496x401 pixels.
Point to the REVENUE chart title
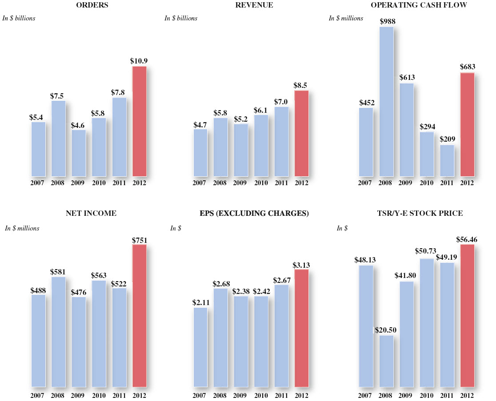(254, 5)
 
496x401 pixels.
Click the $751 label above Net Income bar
(140, 240)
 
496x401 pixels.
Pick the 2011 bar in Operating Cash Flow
(447, 160)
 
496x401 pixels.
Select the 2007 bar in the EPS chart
(200, 347)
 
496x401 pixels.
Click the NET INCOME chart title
(91, 214)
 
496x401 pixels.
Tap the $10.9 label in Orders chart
(139, 60)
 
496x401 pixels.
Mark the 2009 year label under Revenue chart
(240, 183)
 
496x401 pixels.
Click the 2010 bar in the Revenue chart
(261, 145)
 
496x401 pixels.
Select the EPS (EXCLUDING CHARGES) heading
(254, 214)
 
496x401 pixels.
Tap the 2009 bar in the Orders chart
(79, 153)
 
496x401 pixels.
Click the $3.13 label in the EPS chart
(301, 265)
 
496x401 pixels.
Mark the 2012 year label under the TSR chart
(467, 395)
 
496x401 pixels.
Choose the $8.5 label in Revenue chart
(301, 85)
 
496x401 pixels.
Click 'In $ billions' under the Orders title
(19, 18)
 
